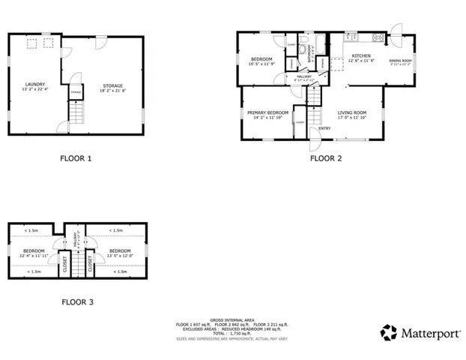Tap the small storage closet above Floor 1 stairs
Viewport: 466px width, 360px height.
click(75, 92)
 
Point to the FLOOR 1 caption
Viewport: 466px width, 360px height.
click(76, 158)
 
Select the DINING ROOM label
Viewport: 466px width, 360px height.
click(400, 62)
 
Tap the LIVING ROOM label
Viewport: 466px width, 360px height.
click(351, 114)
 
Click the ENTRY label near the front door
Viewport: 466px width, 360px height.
click(324, 128)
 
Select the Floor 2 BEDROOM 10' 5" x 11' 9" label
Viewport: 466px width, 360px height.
click(261, 61)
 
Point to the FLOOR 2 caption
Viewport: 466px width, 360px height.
click(326, 158)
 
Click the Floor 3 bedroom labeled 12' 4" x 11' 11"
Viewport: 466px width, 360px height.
click(34, 253)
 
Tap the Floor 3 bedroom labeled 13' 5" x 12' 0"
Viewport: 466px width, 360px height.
click(121, 253)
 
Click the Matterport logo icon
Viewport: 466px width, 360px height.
click(388, 331)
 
